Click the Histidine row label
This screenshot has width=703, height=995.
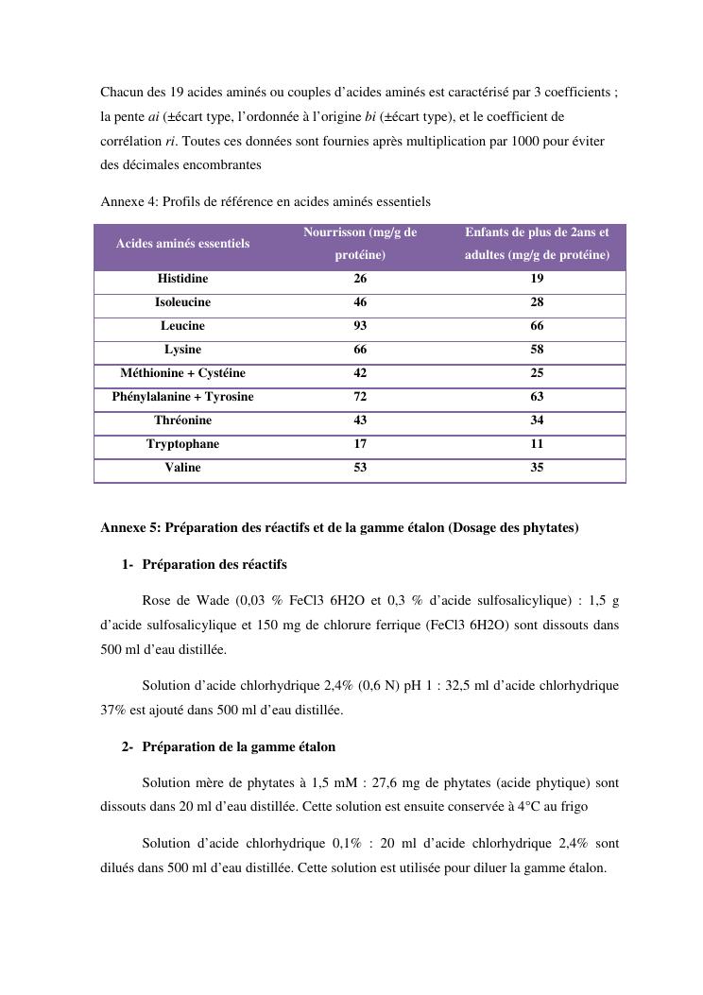182,279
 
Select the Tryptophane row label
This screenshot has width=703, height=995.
182,444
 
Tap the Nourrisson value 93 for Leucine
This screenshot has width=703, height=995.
360,326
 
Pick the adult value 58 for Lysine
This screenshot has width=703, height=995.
537,350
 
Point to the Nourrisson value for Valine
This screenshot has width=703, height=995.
360,468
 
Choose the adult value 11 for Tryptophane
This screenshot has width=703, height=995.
537,444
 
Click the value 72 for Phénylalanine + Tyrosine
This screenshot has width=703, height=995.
360,397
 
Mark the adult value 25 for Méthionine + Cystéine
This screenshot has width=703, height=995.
537,373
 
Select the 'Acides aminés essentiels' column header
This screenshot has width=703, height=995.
182,244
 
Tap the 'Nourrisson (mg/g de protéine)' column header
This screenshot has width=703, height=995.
360,244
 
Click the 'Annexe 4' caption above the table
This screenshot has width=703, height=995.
265,201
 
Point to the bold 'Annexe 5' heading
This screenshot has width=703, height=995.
339,528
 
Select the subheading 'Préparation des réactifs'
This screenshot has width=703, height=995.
214,565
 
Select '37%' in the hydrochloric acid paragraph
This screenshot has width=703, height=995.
115,710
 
